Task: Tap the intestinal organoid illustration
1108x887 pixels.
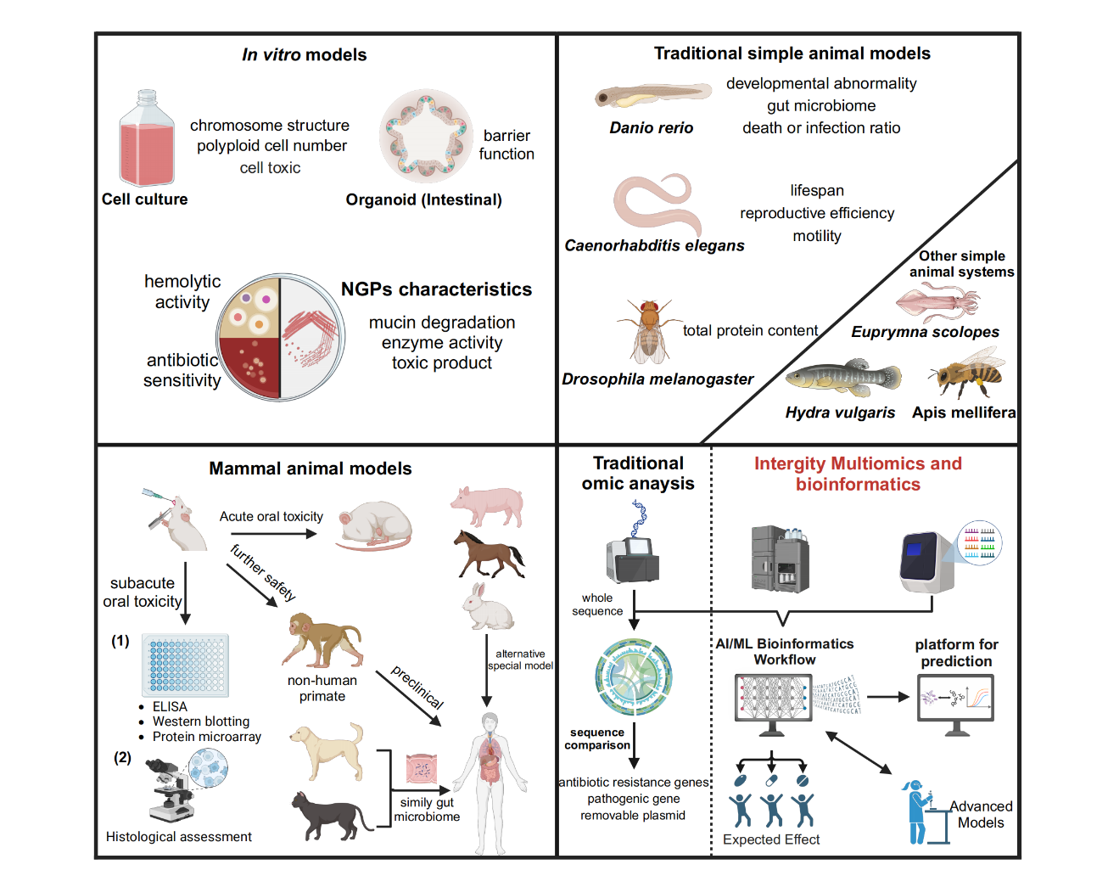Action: [x=426, y=136]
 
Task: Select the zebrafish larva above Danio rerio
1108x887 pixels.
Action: [x=652, y=94]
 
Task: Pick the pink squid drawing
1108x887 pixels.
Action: [x=937, y=301]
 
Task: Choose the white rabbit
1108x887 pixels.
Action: [x=487, y=608]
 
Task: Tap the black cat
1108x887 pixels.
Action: [x=331, y=815]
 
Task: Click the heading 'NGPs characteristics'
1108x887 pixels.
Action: [x=436, y=289]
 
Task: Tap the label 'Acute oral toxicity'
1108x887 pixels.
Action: [x=271, y=516]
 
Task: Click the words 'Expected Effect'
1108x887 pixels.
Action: [x=771, y=839]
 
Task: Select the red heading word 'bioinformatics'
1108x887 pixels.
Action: [x=858, y=485]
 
